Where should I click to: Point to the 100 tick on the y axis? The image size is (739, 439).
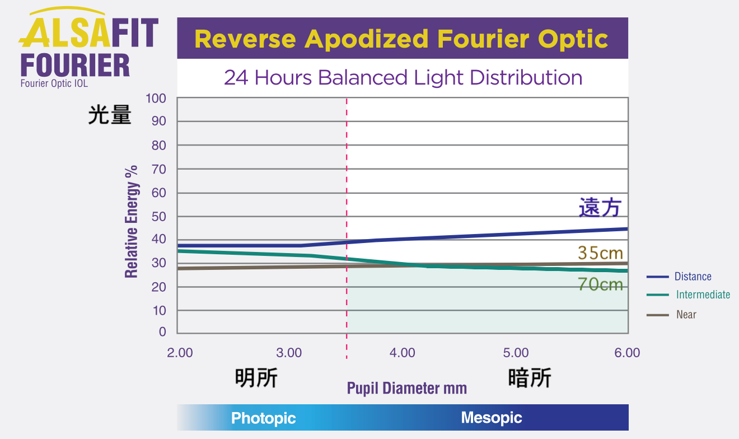pos(156,99)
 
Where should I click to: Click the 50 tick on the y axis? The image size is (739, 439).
pos(158,217)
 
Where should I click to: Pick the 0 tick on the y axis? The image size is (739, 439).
pos(162,331)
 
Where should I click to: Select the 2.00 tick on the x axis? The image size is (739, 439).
pos(180,353)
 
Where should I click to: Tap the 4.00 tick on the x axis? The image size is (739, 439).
pos(402,353)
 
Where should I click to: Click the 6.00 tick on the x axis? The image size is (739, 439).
pos(627,353)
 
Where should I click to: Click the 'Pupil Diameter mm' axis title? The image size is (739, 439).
pos(407,388)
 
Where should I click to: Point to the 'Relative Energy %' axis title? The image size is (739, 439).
pos(132,222)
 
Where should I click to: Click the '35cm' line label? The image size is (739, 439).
pos(600,253)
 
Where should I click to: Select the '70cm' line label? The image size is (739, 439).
pos(600,284)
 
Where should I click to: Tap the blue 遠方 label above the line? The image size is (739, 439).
pos(600,207)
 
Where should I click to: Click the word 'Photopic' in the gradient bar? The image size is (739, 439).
pos(263,418)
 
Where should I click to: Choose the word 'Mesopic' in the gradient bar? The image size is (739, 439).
pos(492,418)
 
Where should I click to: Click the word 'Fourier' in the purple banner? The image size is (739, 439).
pos(483,39)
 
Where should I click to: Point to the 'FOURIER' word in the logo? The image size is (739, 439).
pos(75,65)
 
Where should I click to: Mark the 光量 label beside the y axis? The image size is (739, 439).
pos(110,115)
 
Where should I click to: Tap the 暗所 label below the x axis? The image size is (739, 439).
pos(530,377)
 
